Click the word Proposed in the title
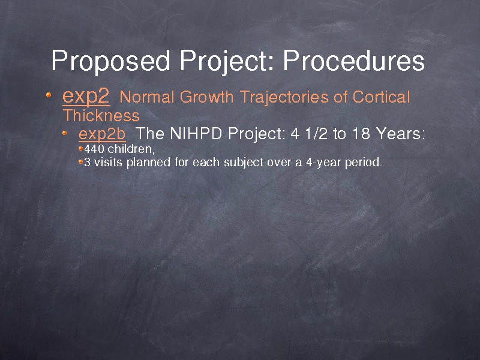tap(110, 61)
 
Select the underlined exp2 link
tap(86, 97)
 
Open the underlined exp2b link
tap(102, 134)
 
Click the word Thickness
tap(101, 115)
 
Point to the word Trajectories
tap(284, 98)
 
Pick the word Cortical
tap(381, 97)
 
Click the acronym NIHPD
tap(196, 133)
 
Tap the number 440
tap(94, 149)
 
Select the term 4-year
tap(323, 163)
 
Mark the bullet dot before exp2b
tap(65, 133)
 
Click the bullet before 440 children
tap(81, 149)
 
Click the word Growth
tap(206, 97)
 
